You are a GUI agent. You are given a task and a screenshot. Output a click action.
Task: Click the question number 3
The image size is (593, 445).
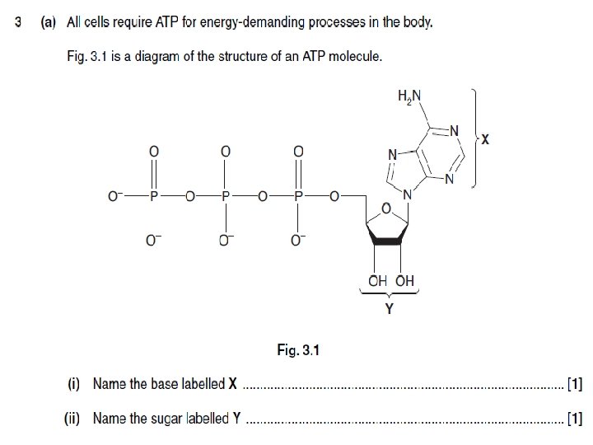click(x=18, y=22)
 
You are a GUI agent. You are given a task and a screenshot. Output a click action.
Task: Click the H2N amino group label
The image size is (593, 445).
click(x=409, y=96)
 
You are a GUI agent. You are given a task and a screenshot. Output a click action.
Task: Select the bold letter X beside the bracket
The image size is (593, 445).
click(x=485, y=140)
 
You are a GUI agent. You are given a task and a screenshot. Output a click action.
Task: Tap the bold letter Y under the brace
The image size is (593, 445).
click(x=389, y=310)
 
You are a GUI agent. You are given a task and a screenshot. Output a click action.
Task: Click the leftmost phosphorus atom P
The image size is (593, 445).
click(x=153, y=197)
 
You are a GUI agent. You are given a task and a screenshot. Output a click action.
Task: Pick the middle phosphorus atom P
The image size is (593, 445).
click(x=226, y=197)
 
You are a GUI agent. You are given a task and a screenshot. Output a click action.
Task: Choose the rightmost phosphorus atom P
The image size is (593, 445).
click(x=298, y=197)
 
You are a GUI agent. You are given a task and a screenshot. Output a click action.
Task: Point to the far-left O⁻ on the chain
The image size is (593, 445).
click(x=114, y=197)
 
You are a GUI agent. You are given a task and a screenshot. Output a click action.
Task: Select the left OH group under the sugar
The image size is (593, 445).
click(x=377, y=280)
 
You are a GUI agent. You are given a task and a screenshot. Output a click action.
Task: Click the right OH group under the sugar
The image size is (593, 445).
click(x=405, y=280)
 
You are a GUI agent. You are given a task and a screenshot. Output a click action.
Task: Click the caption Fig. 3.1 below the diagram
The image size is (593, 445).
click(x=297, y=351)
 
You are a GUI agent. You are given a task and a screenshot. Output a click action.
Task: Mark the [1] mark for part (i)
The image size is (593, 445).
click(x=575, y=384)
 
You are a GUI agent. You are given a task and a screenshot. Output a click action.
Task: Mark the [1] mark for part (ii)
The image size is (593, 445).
click(x=575, y=419)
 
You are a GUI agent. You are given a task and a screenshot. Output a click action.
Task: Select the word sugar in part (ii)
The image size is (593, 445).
click(x=189, y=419)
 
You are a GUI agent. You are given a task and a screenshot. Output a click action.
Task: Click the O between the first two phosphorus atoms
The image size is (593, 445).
click(x=189, y=197)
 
